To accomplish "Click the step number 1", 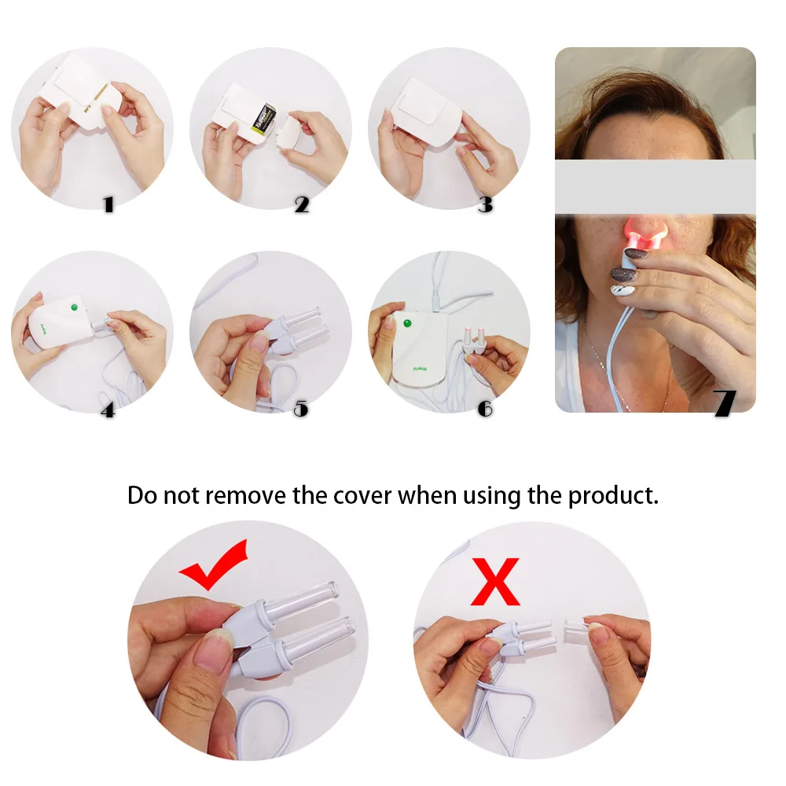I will click(108, 205).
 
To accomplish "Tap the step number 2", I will click(302, 205).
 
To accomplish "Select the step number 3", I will click(485, 204).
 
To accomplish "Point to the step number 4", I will click(108, 410).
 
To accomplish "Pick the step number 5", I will click(300, 409).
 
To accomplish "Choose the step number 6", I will click(485, 409).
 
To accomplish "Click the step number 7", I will click(725, 402).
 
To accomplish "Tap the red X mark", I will click(495, 582).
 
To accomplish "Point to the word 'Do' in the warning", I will click(142, 496).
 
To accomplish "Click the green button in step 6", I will click(408, 322).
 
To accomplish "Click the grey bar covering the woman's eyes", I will click(655, 187).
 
